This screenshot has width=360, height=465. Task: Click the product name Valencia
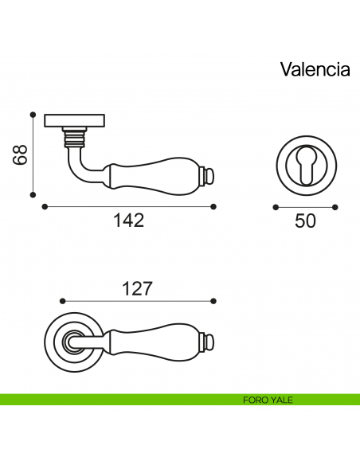pyautogui.click(x=315, y=69)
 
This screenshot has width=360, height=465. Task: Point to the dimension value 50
pyautogui.click(x=305, y=221)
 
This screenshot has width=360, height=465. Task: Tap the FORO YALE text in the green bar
pyautogui.click(x=268, y=400)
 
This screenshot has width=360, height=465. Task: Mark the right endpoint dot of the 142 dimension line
pyautogui.click(x=213, y=206)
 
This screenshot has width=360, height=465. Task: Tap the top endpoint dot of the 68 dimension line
pyautogui.click(x=33, y=114)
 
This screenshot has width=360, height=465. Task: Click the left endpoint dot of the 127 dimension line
pyautogui.click(x=62, y=301)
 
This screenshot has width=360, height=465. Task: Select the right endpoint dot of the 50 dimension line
pyautogui.click(x=337, y=206)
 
